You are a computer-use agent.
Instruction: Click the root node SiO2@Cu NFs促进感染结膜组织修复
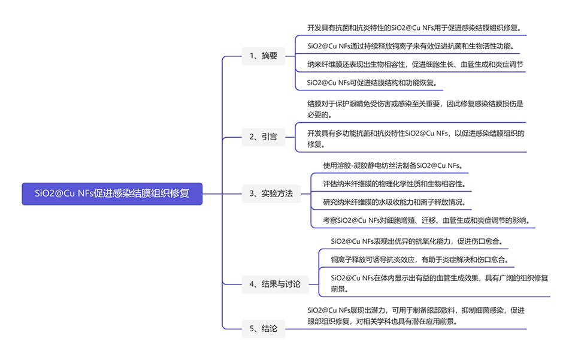click(112, 193)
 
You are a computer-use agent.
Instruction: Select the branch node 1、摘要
click(264, 56)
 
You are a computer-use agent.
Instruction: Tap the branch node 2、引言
click(264, 137)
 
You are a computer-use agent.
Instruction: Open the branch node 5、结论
click(264, 328)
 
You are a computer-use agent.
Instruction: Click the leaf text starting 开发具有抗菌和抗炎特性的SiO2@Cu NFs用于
click(414, 28)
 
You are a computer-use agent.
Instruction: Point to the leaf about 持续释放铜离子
click(410, 46)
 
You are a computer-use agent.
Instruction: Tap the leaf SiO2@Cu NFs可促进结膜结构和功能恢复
click(372, 82)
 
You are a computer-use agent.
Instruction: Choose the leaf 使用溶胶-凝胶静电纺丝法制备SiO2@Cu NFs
click(393, 165)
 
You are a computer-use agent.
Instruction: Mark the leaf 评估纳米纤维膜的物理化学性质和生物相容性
click(394, 183)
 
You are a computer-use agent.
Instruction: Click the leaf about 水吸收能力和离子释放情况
click(394, 202)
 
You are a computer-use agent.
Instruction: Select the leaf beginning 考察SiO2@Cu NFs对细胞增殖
click(426, 220)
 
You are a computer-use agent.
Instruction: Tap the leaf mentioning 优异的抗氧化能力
click(417, 241)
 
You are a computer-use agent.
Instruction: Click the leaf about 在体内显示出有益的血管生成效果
click(439, 283)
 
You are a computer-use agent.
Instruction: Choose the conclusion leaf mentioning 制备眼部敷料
click(416, 315)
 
